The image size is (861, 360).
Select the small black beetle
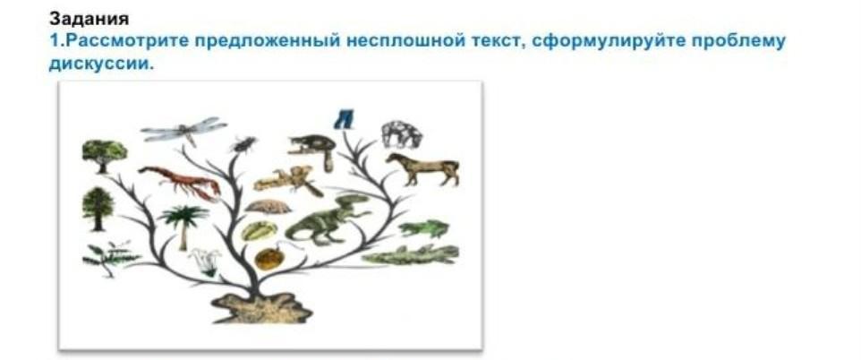(243, 144)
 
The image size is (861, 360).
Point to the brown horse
(422, 168)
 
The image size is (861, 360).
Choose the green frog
(424, 228)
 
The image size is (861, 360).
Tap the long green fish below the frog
(410, 255)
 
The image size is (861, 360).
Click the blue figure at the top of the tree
(344, 119)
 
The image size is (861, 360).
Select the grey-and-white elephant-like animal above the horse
(402, 134)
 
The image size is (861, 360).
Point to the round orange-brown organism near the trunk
(268, 258)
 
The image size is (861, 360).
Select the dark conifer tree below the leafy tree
(98, 209)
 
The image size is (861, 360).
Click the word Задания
(90, 19)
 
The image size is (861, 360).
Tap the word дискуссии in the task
(100, 64)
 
